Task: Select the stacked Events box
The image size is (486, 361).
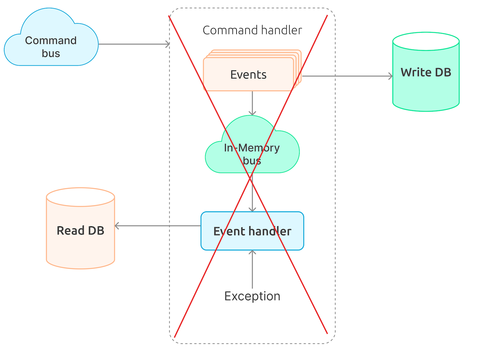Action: pyautogui.click(x=249, y=74)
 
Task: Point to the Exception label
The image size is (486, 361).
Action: pyautogui.click(x=252, y=296)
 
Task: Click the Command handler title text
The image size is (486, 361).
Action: pyautogui.click(x=252, y=30)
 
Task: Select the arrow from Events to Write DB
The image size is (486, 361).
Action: pyautogui.click(x=347, y=76)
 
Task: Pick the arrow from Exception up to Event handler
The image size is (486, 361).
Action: pyautogui.click(x=252, y=269)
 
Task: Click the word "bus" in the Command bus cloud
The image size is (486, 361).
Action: pyautogui.click(x=51, y=53)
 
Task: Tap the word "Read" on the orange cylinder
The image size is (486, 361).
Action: pyautogui.click(x=70, y=230)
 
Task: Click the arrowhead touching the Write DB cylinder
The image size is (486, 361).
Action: pyautogui.click(x=390, y=76)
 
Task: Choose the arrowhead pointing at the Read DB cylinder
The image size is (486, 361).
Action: pyautogui.click(x=117, y=226)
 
